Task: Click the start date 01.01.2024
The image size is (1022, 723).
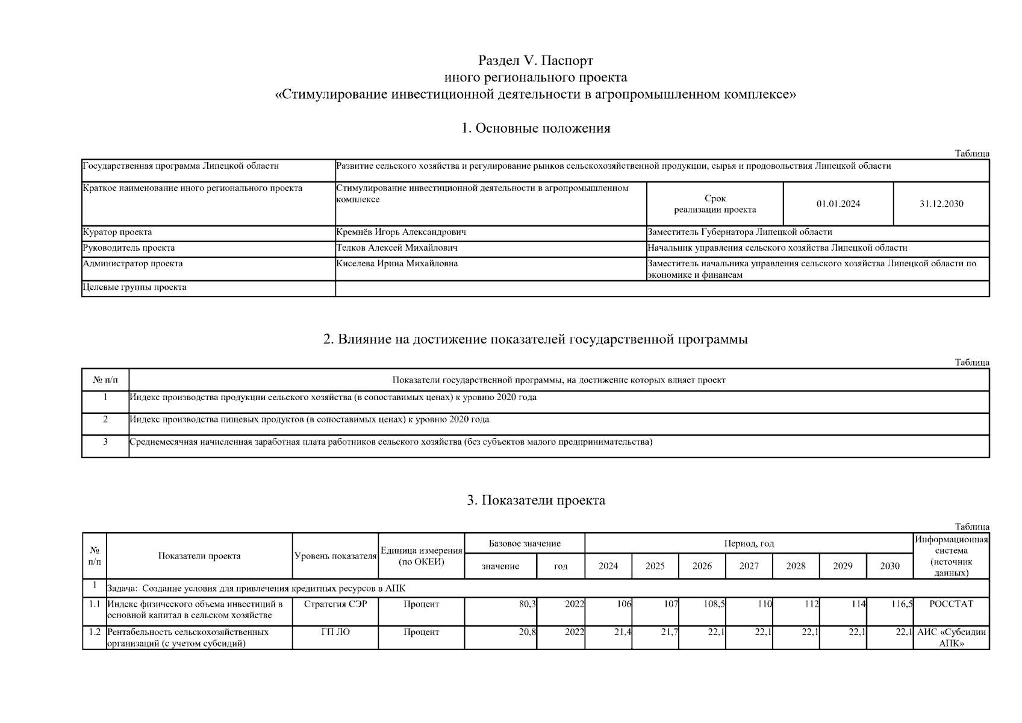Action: point(838,204)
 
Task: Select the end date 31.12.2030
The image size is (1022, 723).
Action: point(941,204)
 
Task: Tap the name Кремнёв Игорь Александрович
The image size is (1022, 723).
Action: point(400,232)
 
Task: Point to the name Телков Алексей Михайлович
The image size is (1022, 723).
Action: point(397,248)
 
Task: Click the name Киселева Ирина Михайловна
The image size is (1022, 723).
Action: point(397,263)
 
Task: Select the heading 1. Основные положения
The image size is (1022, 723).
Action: point(535,128)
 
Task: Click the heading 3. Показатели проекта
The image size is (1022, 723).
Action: point(535,500)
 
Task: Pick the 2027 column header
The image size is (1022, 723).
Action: point(749,566)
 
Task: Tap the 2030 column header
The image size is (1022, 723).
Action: point(890,566)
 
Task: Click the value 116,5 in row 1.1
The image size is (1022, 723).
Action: point(902,604)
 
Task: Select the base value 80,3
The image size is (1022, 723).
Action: point(527,604)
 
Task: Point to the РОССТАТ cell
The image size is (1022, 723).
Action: point(951,604)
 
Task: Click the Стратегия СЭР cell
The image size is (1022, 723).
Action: point(335,604)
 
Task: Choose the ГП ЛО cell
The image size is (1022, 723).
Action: point(335,632)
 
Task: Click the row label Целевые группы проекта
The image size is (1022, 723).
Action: point(134,287)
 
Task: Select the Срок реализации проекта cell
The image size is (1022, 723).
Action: point(715,204)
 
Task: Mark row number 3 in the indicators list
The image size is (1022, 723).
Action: point(105,442)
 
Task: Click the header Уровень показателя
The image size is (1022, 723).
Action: point(335,556)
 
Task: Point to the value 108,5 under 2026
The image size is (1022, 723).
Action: point(714,604)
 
